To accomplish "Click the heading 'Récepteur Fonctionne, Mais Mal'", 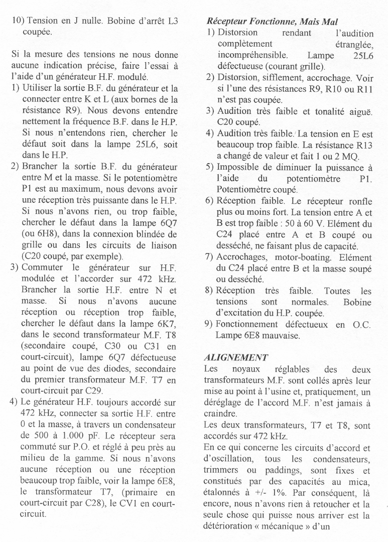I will click(272, 22).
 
